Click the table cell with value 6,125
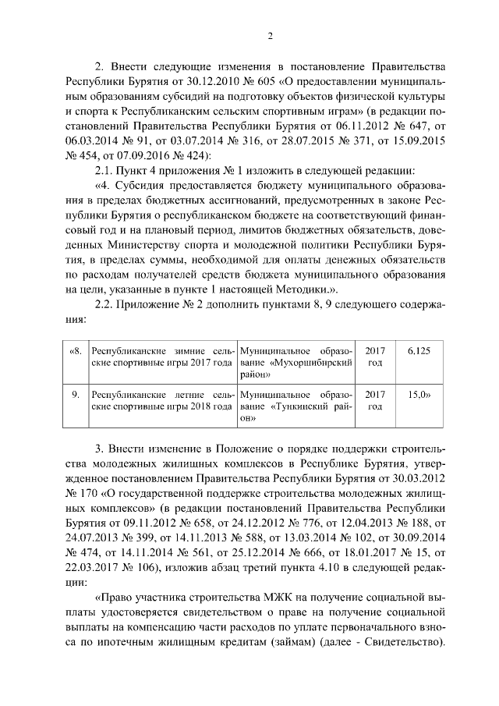click(x=419, y=351)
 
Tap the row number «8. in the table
click(x=76, y=351)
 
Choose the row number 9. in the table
click(x=76, y=395)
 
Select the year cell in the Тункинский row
click(x=375, y=400)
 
